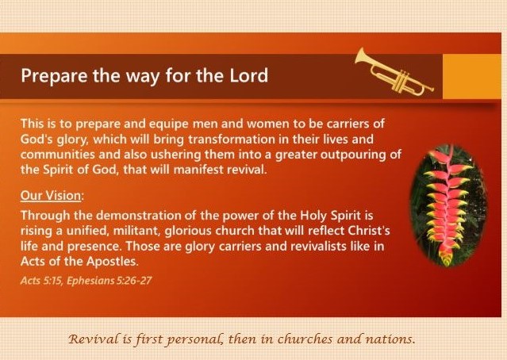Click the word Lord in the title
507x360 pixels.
click(248, 75)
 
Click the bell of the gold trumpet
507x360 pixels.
click(361, 57)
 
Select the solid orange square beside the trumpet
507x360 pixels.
click(472, 76)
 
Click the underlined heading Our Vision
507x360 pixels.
click(51, 196)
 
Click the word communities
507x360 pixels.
click(58, 154)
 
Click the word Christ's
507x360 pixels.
click(369, 231)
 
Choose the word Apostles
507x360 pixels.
click(113, 262)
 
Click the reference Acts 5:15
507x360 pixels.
click(42, 281)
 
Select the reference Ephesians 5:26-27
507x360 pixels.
click(109, 281)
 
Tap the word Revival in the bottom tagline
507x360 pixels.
click(94, 339)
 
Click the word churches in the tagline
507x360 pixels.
click(305, 339)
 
